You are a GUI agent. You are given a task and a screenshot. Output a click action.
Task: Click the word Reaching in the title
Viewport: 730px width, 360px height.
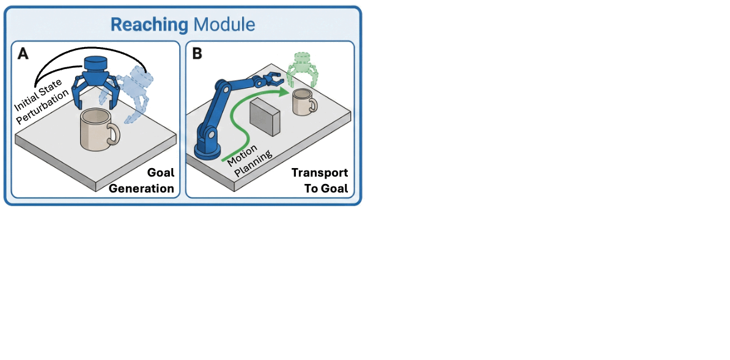tap(149, 25)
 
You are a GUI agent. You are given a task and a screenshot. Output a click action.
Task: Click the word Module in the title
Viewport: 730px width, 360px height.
tap(223, 25)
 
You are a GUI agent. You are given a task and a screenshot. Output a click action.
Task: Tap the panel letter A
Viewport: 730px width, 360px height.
tap(23, 54)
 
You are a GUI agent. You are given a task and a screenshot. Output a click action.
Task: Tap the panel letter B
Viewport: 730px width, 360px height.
tap(197, 54)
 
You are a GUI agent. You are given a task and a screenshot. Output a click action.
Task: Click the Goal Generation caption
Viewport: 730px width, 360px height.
tap(142, 181)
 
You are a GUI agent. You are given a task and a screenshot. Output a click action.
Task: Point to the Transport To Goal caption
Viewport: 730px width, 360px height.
tap(319, 181)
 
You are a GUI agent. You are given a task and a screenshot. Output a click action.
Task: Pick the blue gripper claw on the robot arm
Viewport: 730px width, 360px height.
tap(270, 78)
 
